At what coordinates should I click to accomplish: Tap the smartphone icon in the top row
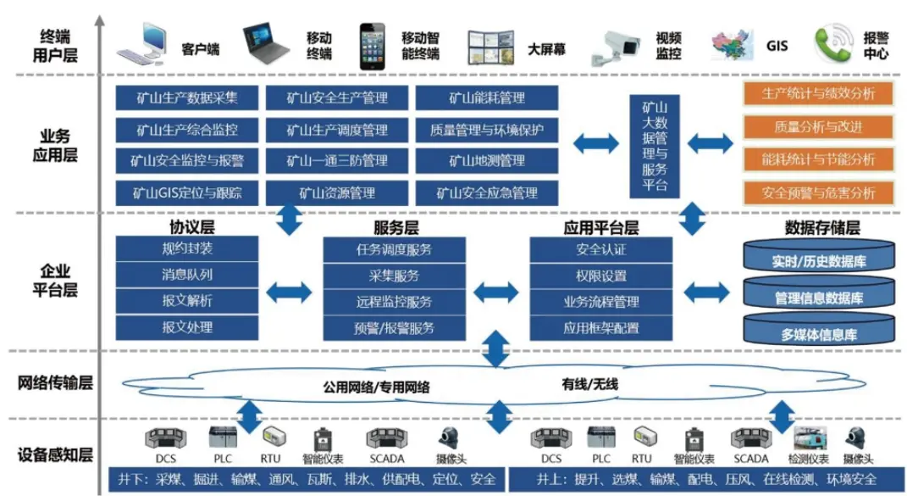pos(373,45)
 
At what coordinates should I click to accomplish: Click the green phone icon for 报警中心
pos(832,43)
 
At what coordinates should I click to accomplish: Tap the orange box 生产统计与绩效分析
pos(818,94)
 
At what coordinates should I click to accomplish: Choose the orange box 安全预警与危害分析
pos(818,192)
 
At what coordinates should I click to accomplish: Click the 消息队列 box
pos(187,275)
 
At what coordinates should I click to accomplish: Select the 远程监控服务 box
pos(394,302)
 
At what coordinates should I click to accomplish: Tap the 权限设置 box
pos(601,276)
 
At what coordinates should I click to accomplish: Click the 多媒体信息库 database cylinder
pos(819,331)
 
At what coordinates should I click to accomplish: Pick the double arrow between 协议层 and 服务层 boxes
pos(290,293)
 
